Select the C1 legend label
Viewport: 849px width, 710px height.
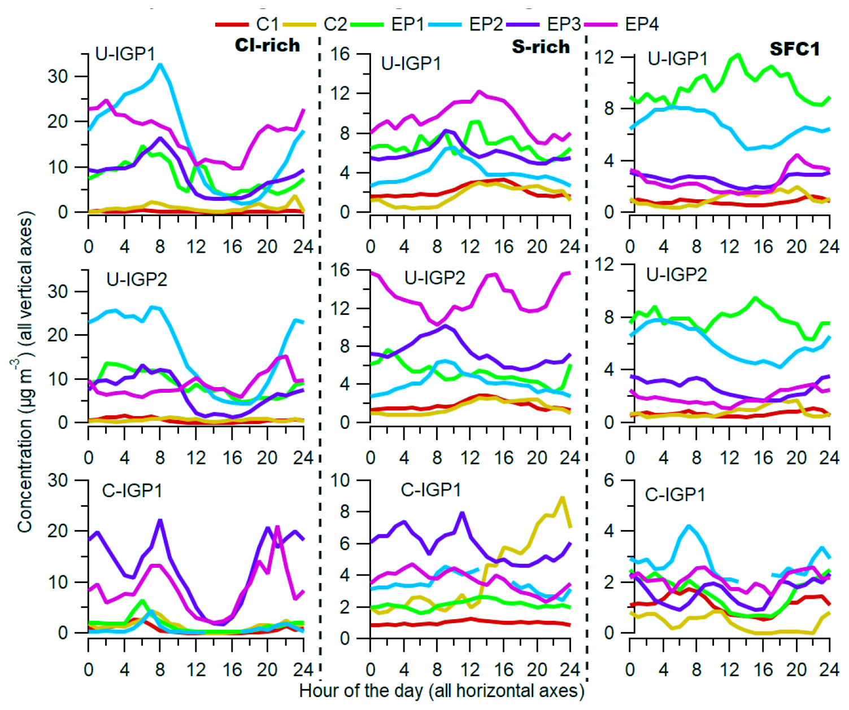pyautogui.click(x=267, y=24)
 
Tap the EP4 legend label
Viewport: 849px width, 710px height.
pyautogui.click(x=642, y=24)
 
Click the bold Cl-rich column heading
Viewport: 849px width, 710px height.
pyautogui.click(x=267, y=45)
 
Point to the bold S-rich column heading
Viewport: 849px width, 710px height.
pyautogui.click(x=541, y=46)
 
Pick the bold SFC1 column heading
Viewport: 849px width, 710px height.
pyautogui.click(x=794, y=49)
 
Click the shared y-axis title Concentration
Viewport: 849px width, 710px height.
pyautogui.click(x=25, y=372)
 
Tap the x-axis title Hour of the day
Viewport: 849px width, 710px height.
pyautogui.click(x=442, y=691)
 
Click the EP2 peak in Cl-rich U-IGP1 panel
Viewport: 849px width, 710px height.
pyautogui.click(x=160, y=64)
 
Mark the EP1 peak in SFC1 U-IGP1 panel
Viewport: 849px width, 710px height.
pyautogui.click(x=738, y=55)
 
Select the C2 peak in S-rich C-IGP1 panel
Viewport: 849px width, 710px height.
pyautogui.click(x=562, y=497)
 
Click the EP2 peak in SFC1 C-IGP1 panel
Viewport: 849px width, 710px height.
pyautogui.click(x=688, y=526)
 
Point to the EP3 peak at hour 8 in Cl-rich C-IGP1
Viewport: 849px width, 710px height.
pyautogui.click(x=160, y=520)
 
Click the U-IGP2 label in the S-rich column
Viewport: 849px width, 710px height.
pyautogui.click(x=434, y=278)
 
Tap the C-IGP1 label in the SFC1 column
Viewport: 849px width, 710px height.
pyautogui.click(x=675, y=495)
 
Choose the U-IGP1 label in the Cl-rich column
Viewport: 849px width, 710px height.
pyautogui.click(x=125, y=54)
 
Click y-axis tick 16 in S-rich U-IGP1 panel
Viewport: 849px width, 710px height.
pyautogui.click(x=341, y=54)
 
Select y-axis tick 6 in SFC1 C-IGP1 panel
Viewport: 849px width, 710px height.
pyautogui.click(x=609, y=480)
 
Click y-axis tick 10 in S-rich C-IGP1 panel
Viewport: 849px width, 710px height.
pyautogui.click(x=341, y=480)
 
